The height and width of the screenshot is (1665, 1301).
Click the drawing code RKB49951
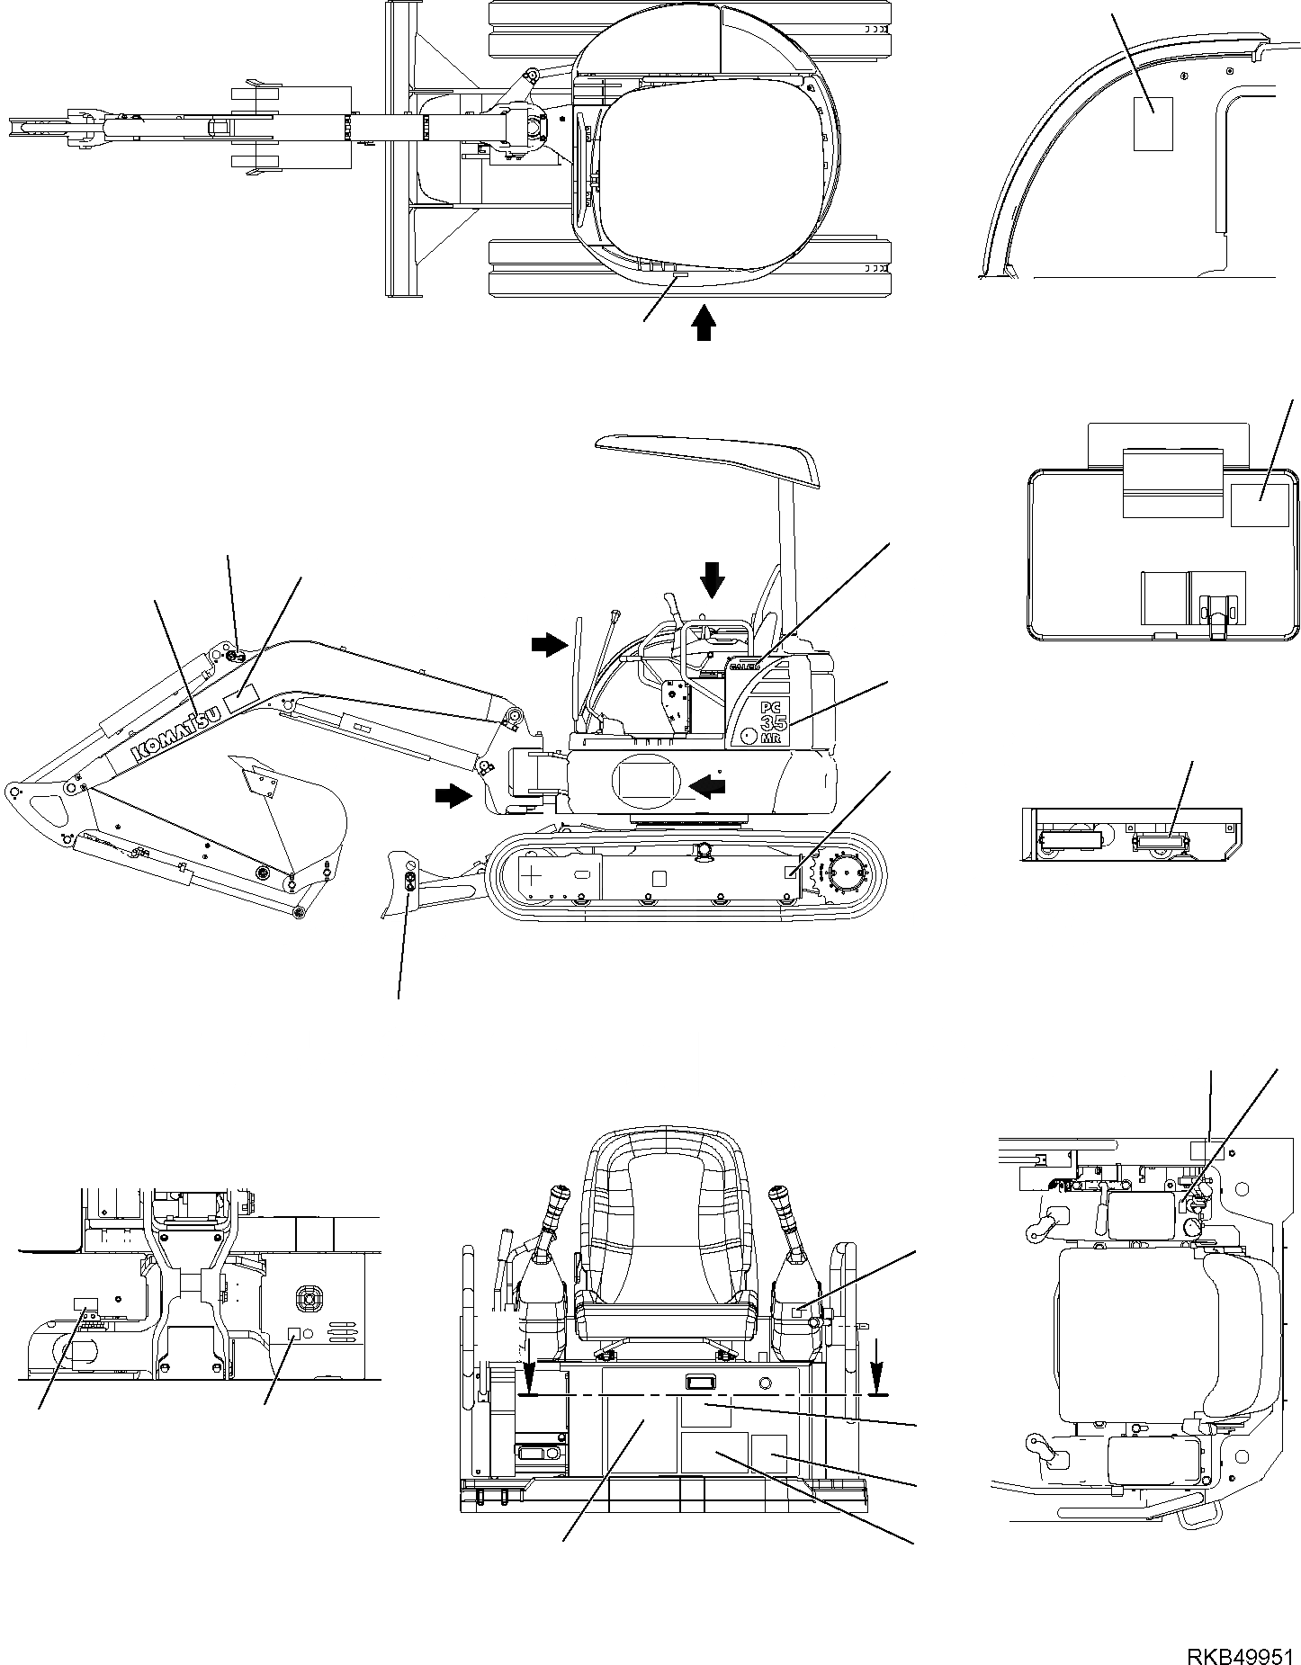[x=1243, y=1651]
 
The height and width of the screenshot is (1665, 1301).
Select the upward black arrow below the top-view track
[x=704, y=322]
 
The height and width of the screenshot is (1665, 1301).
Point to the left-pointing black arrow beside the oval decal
[x=711, y=787]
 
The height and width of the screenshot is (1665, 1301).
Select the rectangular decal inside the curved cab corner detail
[x=1153, y=123]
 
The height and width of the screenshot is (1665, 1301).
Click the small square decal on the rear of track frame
[x=791, y=871]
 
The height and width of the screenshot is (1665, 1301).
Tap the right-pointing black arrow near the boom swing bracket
[x=453, y=793]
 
